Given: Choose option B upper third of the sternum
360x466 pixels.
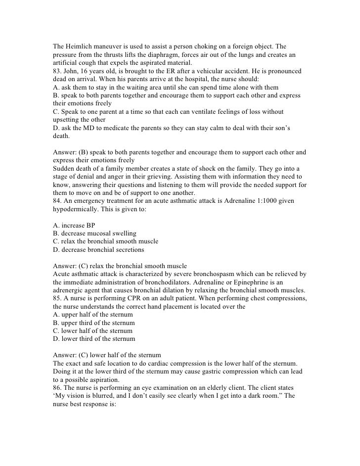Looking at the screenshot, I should click(x=93, y=322).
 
